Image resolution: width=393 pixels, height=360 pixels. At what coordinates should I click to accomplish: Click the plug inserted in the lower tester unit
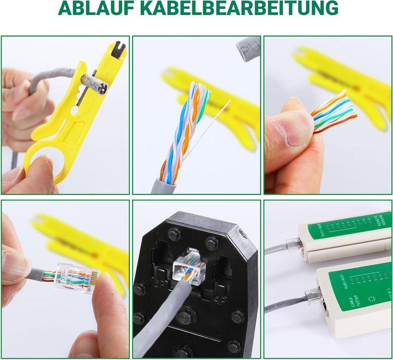[x=313, y=296]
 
